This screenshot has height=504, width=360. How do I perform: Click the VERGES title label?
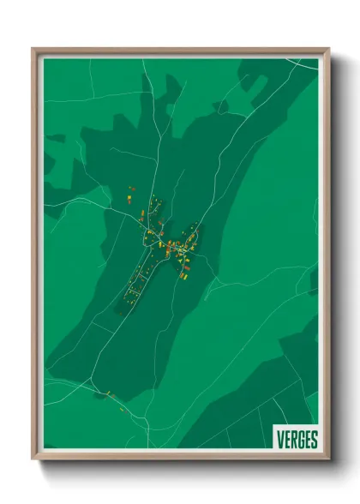pos(297,440)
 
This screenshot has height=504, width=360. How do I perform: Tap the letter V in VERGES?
pos(281,440)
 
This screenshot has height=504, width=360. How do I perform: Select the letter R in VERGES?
pos(294,440)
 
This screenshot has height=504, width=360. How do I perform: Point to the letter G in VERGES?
pos(301,440)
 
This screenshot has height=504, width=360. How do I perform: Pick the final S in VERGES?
pos(314,440)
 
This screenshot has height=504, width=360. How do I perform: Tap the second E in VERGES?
pos(308,440)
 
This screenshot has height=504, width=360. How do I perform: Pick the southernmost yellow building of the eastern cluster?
pos(183,276)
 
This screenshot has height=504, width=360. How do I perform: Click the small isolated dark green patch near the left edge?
pos(56,137)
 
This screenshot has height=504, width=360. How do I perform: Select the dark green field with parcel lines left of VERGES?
pos(240,424)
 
